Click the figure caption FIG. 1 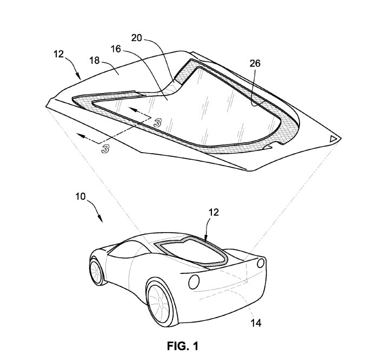coord(183,346)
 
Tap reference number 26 coord(255,63)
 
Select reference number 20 coord(137,38)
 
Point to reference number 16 coord(116,49)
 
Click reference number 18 coord(95,61)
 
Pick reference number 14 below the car coord(256,323)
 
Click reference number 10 coord(81,196)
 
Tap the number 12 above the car coord(214,213)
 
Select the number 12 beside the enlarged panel coord(58,54)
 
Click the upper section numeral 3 coord(157,123)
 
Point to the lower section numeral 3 coord(105,148)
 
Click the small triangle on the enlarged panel coord(333,139)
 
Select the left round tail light coord(194,282)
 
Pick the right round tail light coord(261,262)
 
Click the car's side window coord(125,249)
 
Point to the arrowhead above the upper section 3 coord(132,109)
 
